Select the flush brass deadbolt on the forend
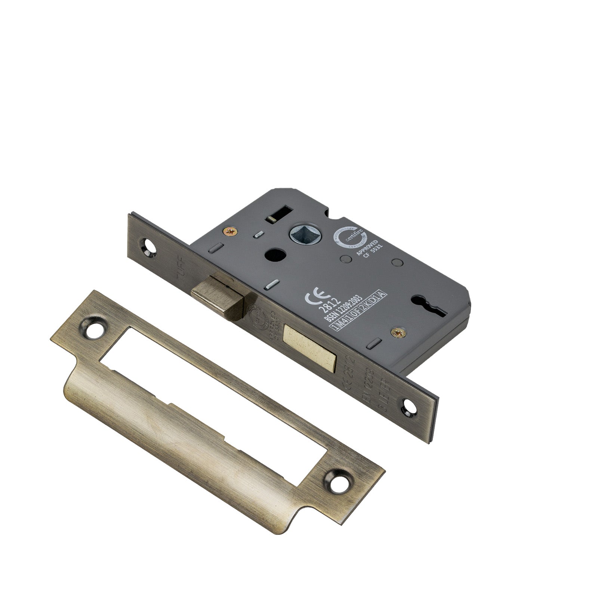point(310,343)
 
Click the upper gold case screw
point(229,232)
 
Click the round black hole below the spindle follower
point(271,256)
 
